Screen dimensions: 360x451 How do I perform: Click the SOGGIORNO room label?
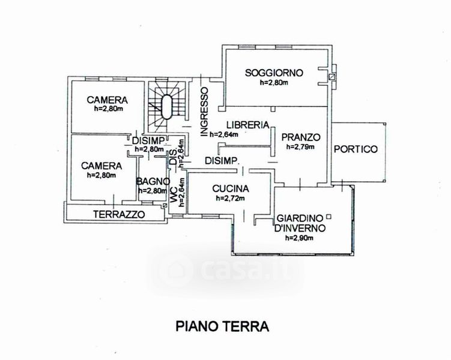(x=274, y=73)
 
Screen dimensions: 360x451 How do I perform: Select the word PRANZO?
(x=300, y=136)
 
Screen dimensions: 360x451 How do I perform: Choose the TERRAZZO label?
(x=119, y=214)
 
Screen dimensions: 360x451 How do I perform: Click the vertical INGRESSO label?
(x=204, y=112)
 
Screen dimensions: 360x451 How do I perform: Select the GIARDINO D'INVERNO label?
(x=300, y=223)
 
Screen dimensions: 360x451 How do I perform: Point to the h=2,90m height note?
(x=298, y=238)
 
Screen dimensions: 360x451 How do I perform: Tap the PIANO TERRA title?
(x=223, y=326)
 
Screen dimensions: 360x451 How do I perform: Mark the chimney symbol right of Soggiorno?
(x=331, y=76)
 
